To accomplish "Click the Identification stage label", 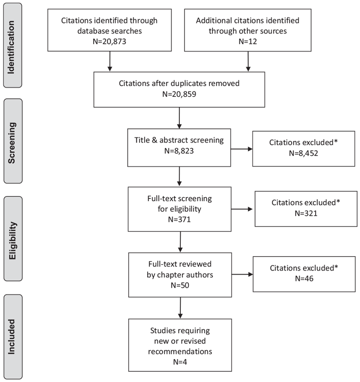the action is point(11,47).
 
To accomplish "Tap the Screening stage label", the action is point(12,143).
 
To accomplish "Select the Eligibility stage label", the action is point(12,241).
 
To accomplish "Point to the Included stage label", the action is point(11,337).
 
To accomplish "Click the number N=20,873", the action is point(109,41).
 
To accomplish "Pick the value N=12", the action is point(247,41).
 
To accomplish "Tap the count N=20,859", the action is point(179,94).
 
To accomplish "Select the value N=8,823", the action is point(179,151).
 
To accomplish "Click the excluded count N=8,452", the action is point(303,153).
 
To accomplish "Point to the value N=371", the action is point(180,220).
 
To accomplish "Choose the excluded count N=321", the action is point(306,213).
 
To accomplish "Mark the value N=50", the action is point(180,285).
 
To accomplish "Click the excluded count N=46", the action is point(304,279).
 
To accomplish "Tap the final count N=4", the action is point(180,362).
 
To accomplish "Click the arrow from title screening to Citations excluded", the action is point(242,149).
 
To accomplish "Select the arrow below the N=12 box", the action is point(248,62).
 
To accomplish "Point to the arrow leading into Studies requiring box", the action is point(180,308).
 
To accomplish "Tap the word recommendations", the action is point(180,351).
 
